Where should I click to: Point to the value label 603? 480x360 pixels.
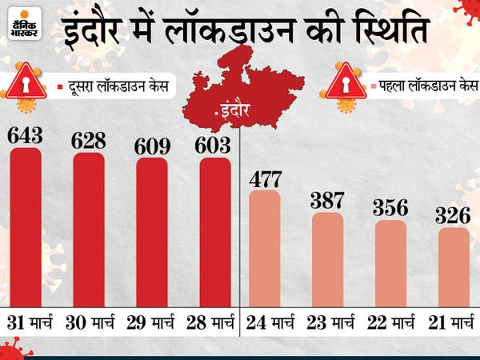point(215,146)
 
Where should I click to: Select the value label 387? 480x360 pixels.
point(328,199)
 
